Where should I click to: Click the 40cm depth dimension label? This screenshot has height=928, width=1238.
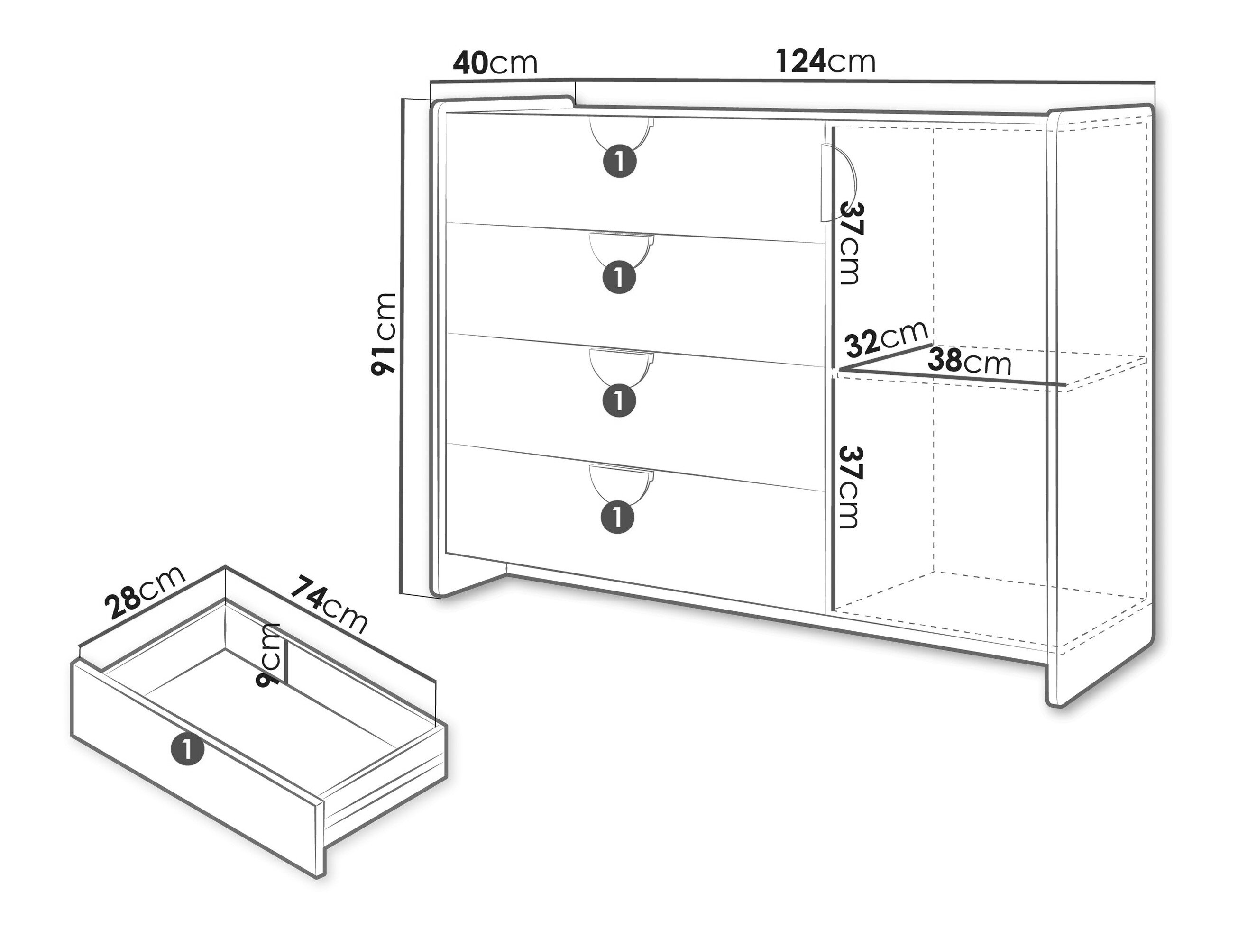click(495, 63)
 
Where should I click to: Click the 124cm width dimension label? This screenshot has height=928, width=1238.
click(825, 61)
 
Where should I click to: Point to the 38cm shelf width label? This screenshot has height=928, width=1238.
click(969, 361)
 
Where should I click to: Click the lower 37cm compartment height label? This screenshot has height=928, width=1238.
click(850, 487)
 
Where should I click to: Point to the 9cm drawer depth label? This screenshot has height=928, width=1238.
click(267, 655)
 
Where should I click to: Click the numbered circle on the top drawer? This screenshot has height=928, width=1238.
click(620, 162)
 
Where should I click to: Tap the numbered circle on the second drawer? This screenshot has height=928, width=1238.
click(619, 277)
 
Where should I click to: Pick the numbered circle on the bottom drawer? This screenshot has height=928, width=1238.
click(617, 517)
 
